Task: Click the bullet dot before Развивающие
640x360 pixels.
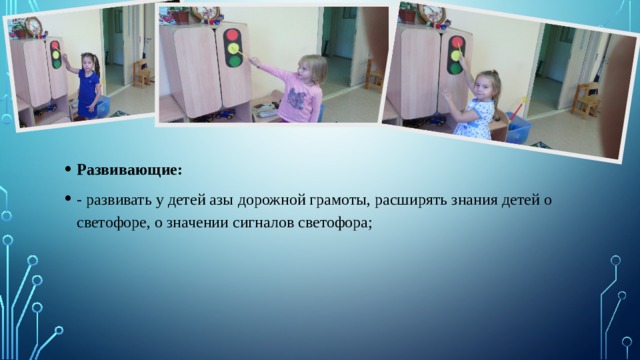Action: click(x=65, y=169)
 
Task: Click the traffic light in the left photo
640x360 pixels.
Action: click(x=55, y=56)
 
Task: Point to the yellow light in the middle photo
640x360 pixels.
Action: click(x=233, y=47)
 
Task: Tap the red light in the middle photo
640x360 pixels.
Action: click(x=233, y=34)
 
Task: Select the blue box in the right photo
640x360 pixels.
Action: click(x=519, y=130)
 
